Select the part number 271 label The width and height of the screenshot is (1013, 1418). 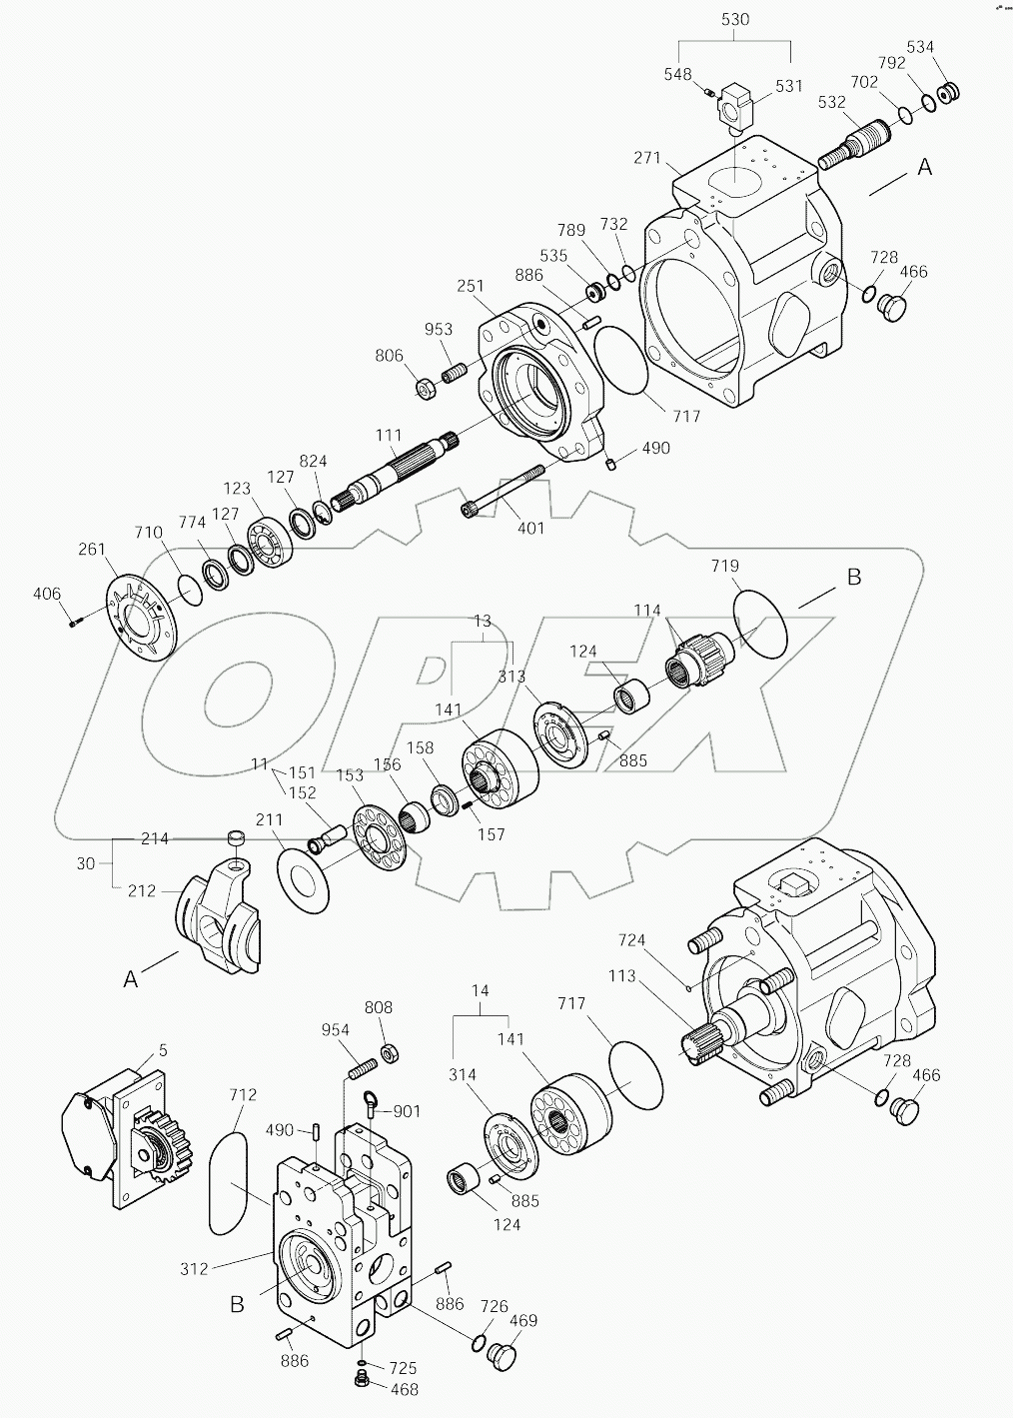click(x=648, y=158)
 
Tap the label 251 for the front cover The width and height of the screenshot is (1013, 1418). click(x=471, y=286)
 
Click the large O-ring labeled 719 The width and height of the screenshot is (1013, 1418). click(x=760, y=624)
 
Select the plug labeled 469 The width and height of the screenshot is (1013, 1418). click(x=500, y=1355)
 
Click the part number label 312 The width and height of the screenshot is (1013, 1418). click(x=194, y=1268)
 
